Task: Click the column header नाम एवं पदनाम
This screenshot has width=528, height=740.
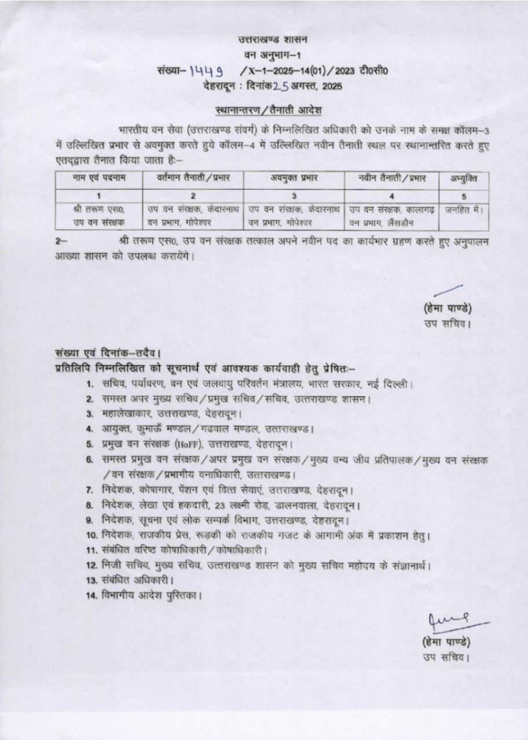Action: click(x=99, y=178)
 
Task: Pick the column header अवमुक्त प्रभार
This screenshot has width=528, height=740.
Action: click(x=294, y=178)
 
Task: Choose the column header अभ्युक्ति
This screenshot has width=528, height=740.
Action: click(x=464, y=178)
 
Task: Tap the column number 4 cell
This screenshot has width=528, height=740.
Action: click(x=391, y=196)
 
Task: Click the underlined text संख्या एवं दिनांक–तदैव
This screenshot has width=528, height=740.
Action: click(x=108, y=353)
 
